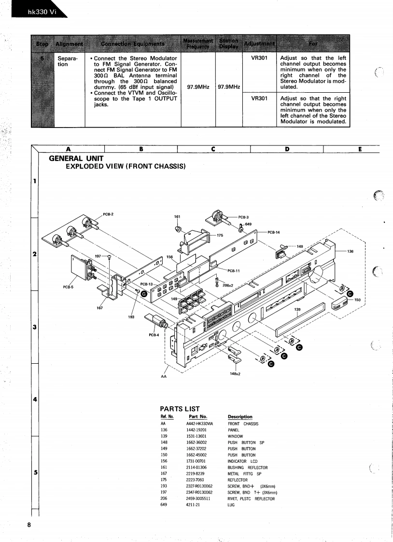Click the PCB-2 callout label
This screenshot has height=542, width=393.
pyautogui.click(x=108, y=214)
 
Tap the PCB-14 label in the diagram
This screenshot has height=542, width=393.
pyautogui.click(x=274, y=232)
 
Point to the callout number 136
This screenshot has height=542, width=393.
pyautogui.click(x=350, y=251)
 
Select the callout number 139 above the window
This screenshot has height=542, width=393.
pyautogui.click(x=297, y=310)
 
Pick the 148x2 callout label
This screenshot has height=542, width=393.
pyautogui.click(x=235, y=373)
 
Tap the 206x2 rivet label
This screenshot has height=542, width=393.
pyautogui.click(x=228, y=285)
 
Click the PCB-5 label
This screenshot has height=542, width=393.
pyautogui.click(x=68, y=287)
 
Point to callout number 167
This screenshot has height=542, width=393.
pyautogui.click(x=99, y=308)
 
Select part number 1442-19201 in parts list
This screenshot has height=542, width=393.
pyautogui.click(x=196, y=430)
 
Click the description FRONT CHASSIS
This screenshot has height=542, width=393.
pyautogui.click(x=243, y=424)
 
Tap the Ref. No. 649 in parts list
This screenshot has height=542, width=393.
pyautogui.click(x=163, y=505)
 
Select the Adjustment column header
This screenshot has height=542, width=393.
pyautogui.click(x=259, y=43)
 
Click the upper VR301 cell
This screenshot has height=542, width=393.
pyautogui.click(x=259, y=58)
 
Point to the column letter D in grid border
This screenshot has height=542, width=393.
pyautogui.click(x=287, y=149)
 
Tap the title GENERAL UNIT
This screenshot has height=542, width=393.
pyautogui.click(x=76, y=158)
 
